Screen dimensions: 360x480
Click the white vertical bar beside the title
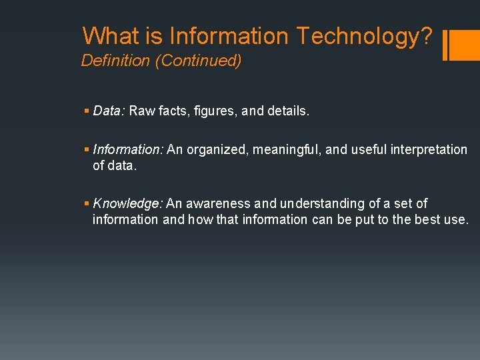(x=445, y=45)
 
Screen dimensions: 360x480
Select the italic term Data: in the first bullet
(x=109, y=111)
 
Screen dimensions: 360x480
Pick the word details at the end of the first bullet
(x=288, y=111)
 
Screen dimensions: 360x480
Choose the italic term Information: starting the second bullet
(x=128, y=149)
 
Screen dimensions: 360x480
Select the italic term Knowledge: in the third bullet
(x=128, y=203)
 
